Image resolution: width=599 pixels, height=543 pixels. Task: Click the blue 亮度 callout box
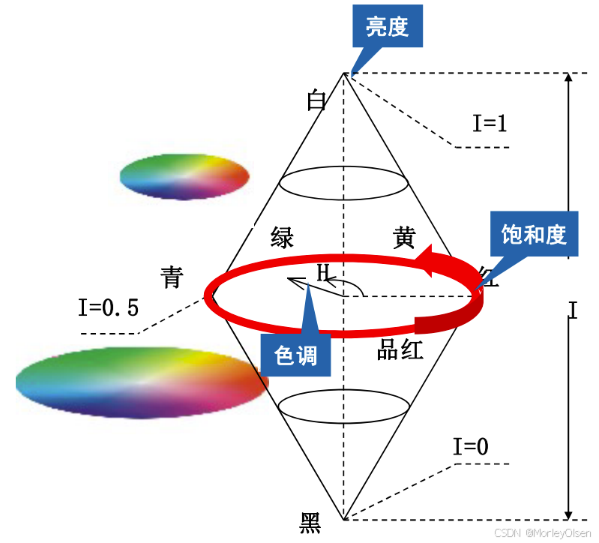[x=387, y=28]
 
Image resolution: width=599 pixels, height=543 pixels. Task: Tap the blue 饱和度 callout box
[x=533, y=235]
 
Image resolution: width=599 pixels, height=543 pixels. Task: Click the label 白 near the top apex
[x=317, y=100]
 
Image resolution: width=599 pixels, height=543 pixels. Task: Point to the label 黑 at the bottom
[x=310, y=522]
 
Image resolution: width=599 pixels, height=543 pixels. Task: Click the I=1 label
[x=490, y=122]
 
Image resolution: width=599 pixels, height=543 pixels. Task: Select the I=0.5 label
[x=109, y=307]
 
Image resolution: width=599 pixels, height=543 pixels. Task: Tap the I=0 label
[x=471, y=447]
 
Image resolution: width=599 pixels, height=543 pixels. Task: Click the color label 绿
[x=282, y=238]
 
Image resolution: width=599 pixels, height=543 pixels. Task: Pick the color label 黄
[x=403, y=238]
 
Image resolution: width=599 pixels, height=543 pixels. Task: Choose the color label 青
[x=172, y=277]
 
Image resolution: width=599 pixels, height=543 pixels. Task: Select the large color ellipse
[x=142, y=382]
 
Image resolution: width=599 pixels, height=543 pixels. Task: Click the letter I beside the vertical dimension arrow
[x=573, y=310]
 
